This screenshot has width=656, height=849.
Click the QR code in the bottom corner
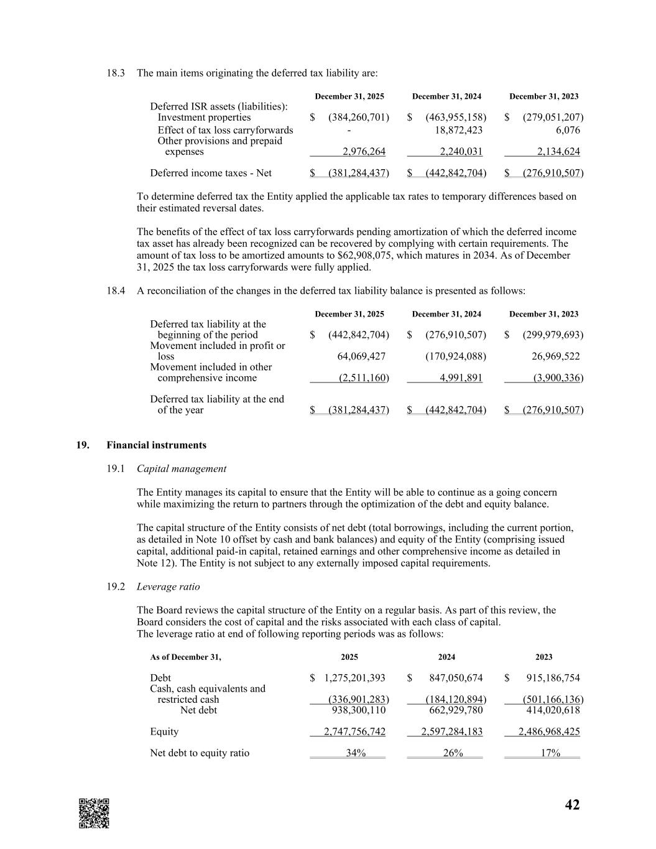[x=94, y=813]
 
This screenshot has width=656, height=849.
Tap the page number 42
[x=572, y=805]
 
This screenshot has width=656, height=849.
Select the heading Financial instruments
[x=156, y=445]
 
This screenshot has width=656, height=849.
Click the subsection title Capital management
[x=182, y=469]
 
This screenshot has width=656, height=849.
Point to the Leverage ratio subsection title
[x=168, y=587]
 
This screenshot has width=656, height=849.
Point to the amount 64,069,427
[x=361, y=356]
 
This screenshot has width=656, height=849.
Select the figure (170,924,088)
[x=455, y=356]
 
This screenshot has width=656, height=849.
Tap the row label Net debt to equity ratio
[x=200, y=753]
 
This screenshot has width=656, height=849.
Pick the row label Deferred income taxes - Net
[x=211, y=173]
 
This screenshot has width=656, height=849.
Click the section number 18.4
[x=116, y=290]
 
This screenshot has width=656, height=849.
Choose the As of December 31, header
[x=185, y=657]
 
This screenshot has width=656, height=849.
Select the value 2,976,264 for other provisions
[x=364, y=152]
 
